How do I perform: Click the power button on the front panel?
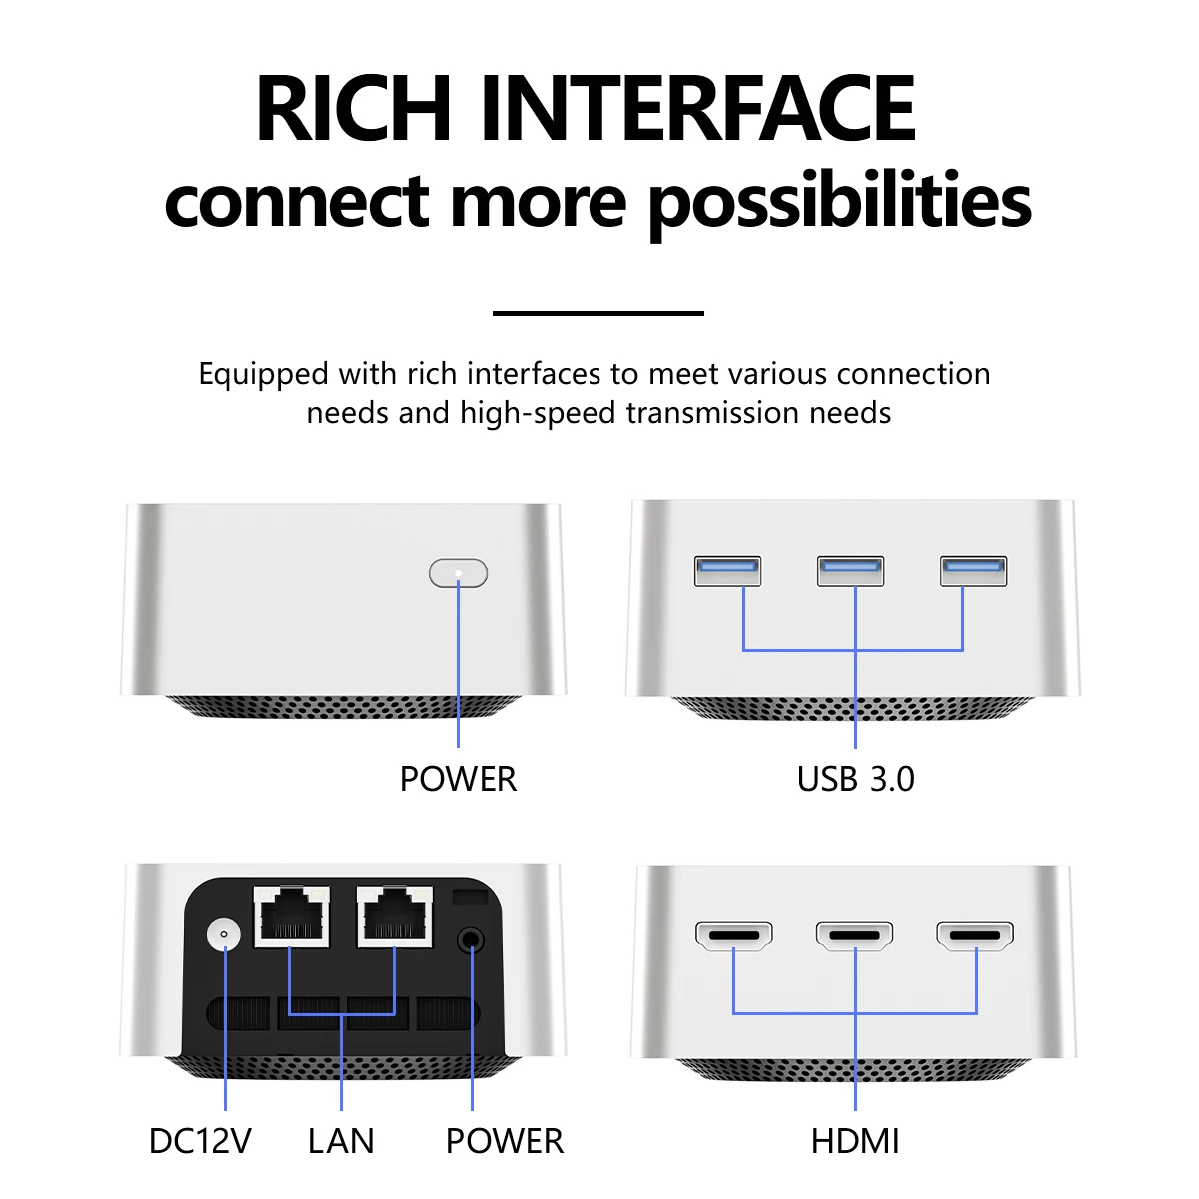coord(458,573)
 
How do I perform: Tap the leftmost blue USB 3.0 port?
coord(727,571)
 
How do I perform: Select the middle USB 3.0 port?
coord(850,571)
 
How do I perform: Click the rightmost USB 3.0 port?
coord(974,571)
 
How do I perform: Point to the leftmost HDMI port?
coord(734,936)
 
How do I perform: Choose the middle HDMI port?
coord(855,936)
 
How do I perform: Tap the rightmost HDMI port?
coord(975,936)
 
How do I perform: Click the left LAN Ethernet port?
coord(291,916)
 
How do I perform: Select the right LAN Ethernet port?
coord(395,916)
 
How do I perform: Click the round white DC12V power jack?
coord(224,934)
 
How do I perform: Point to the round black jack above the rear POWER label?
coord(471,939)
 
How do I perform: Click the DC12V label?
coord(201,1140)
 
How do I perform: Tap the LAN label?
coord(341,1140)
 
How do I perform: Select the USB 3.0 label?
coord(855,779)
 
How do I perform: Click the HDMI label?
coord(855,1140)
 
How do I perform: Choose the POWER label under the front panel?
coord(458,779)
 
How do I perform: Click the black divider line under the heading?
coord(599,313)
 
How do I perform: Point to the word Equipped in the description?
coord(263,375)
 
